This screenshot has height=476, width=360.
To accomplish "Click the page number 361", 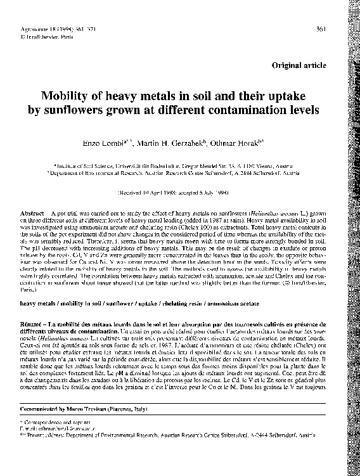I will (321, 29).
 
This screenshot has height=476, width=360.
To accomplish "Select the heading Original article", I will (299, 65).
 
